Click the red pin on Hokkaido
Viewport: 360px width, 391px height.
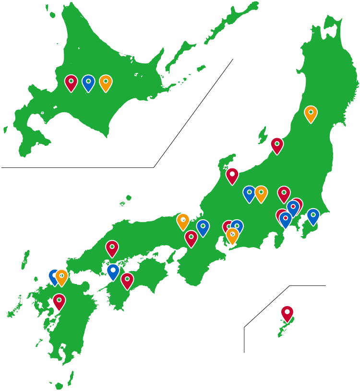click(x=71, y=82)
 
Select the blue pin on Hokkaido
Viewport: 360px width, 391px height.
click(x=88, y=82)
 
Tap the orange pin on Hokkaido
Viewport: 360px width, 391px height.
click(x=106, y=82)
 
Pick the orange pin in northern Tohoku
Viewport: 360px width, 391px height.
click(x=311, y=113)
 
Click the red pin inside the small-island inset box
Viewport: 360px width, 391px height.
click(x=287, y=313)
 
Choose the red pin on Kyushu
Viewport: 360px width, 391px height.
click(x=59, y=301)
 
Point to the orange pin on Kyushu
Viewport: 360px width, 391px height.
click(x=62, y=276)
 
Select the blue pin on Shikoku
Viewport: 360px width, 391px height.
click(x=113, y=271)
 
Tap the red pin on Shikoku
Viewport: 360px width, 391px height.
click(x=127, y=280)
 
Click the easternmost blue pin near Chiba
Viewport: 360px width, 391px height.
click(x=313, y=216)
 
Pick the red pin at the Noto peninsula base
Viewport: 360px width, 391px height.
click(x=232, y=175)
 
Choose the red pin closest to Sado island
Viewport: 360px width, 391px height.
click(x=277, y=144)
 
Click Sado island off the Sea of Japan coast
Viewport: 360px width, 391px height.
click(x=262, y=135)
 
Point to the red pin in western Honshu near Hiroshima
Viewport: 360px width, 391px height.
click(x=112, y=248)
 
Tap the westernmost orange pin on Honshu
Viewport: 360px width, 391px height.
click(x=183, y=221)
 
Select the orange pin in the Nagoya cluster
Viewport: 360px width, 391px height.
click(x=233, y=235)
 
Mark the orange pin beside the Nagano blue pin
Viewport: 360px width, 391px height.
click(x=261, y=193)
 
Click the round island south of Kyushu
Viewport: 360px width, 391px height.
click(x=59, y=386)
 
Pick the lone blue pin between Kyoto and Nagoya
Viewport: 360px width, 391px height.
click(x=203, y=227)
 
